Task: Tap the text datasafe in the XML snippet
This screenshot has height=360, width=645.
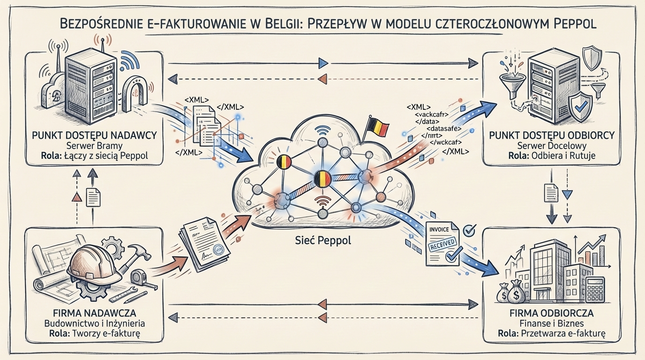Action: pyautogui.click(x=445, y=127)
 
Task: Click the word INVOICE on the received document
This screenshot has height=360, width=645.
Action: pyautogui.click(x=439, y=229)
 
